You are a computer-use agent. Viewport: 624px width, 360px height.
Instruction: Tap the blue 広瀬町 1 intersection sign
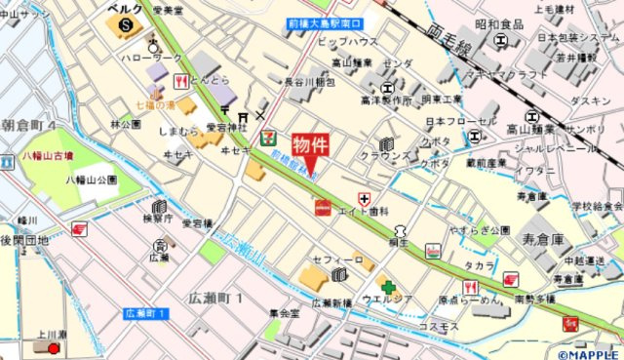147,313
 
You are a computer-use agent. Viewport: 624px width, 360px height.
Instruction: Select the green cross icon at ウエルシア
389,287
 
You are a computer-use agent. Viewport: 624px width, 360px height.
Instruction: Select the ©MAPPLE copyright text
589,353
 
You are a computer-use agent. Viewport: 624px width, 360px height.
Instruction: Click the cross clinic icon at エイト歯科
365,199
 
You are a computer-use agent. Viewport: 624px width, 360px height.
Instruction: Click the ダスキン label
590,100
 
